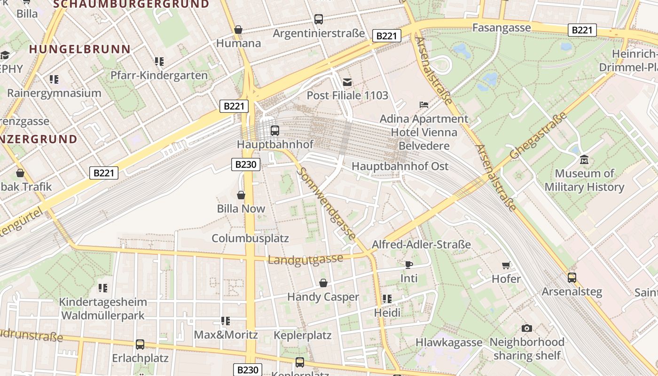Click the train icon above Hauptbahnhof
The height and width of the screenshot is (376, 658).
point(275,130)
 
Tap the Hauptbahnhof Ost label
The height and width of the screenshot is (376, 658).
point(400,166)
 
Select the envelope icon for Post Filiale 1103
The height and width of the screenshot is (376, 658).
point(347,82)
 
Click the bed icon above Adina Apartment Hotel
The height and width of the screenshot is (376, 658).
point(423,104)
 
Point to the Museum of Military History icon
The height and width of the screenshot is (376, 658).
point(584,160)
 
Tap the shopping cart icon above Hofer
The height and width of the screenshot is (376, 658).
point(506,266)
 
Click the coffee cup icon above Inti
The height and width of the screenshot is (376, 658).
point(408,265)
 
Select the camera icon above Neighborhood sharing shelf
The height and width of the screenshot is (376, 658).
point(527,328)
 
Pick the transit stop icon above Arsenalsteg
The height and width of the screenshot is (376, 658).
point(572,278)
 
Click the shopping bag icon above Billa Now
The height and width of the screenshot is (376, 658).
point(241,195)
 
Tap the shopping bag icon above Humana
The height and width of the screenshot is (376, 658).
point(238,30)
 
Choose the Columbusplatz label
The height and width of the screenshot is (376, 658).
point(250,238)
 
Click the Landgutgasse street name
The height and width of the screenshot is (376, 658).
point(305,259)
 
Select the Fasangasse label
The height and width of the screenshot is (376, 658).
point(501,28)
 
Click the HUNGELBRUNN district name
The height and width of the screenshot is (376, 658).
point(79,49)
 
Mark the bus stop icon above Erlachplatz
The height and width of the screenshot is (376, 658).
point(140,344)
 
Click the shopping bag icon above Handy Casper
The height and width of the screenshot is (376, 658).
point(323,283)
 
